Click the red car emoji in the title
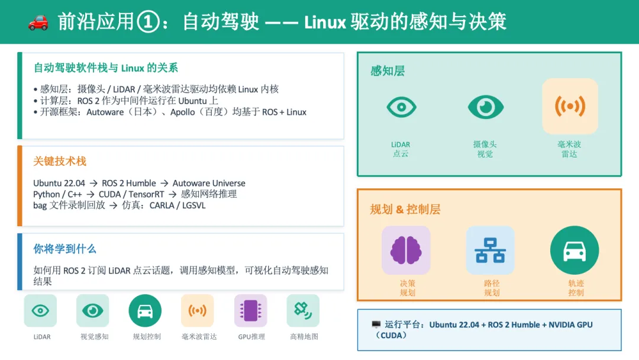point(38,22)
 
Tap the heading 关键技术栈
point(60,161)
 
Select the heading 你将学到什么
point(64,249)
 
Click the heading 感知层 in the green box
point(388,71)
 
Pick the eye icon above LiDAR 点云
point(401,107)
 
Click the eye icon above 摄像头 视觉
point(485,107)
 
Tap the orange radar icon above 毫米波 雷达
point(570,107)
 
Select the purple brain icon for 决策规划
point(406,250)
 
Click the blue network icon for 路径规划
point(490,250)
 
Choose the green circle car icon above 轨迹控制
point(575,250)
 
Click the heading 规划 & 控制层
point(405,209)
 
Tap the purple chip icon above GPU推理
point(250,310)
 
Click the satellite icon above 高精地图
point(303,310)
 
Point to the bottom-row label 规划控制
point(147,337)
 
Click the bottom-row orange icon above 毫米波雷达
point(198,310)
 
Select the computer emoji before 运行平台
point(376,325)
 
